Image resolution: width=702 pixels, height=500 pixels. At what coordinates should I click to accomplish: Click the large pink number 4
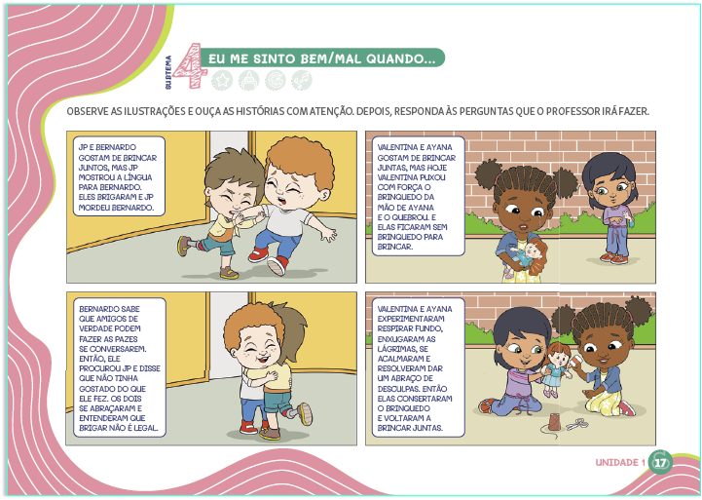point(191,65)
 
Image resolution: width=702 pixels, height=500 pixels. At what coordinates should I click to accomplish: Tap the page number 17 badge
point(660,462)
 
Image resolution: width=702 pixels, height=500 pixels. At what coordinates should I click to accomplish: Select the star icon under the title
point(222,80)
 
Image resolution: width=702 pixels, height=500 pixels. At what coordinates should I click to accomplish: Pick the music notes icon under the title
point(302,80)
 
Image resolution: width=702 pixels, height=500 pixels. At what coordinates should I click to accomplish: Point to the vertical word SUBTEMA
point(168,72)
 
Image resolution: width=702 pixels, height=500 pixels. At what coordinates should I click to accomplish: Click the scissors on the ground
point(577,424)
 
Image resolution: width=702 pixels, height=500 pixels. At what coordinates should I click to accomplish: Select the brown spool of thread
point(555,422)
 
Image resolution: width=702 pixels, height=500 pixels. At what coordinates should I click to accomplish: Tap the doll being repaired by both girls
point(557,368)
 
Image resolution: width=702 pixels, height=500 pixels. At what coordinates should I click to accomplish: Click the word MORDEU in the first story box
point(92,208)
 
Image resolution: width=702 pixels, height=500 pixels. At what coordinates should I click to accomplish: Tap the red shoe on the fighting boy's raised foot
point(277,265)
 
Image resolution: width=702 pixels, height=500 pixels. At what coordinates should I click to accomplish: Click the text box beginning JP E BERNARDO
point(119,176)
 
